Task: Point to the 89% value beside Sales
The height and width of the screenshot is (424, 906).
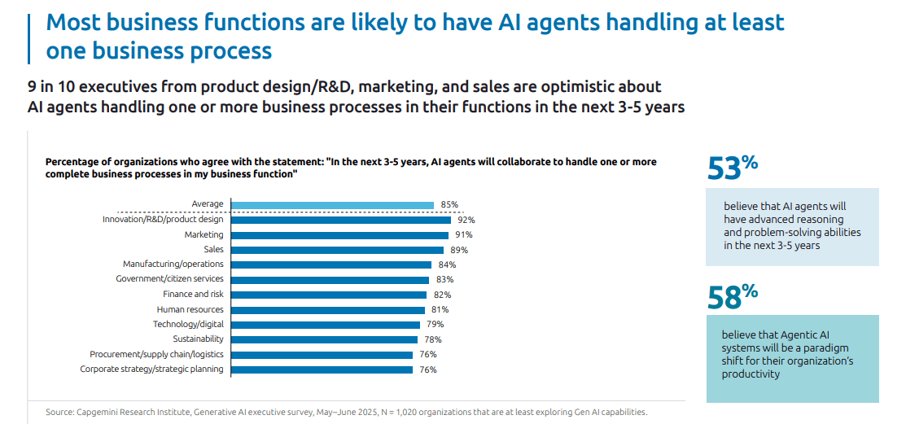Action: point(459,250)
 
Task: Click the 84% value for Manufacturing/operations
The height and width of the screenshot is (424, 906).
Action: point(447,264)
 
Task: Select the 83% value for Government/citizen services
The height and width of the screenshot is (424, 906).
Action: point(444,280)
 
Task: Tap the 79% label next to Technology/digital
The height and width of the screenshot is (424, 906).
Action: point(435,325)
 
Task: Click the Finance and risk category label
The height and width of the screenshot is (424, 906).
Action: point(194,295)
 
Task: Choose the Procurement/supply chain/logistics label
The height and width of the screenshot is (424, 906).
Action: point(156,354)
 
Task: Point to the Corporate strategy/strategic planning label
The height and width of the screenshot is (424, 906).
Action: point(151,369)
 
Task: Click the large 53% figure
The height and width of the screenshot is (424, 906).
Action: point(732,168)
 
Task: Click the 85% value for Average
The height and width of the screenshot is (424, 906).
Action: point(449,205)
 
